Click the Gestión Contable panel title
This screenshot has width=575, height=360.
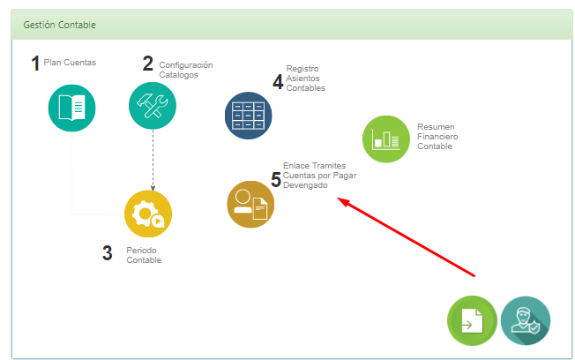(x=59, y=25)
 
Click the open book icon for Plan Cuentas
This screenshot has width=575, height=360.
(x=72, y=108)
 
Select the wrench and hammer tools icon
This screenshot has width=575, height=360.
(x=153, y=106)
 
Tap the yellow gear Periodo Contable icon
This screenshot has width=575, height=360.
(x=148, y=214)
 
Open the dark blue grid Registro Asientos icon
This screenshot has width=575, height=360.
(x=249, y=116)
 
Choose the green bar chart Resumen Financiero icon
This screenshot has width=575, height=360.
(x=386, y=139)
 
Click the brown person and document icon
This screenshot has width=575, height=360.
(x=250, y=205)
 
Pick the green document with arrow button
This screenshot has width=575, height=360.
(x=473, y=320)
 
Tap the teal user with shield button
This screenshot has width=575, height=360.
(x=526, y=320)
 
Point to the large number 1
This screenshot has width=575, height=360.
(x=35, y=64)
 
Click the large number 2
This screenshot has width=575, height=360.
(x=148, y=64)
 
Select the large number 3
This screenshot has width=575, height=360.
(x=107, y=253)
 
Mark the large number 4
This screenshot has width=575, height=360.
(x=278, y=81)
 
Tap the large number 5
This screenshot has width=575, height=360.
(x=276, y=179)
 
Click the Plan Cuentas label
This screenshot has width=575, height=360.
(x=70, y=63)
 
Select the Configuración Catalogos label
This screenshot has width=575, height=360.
(x=186, y=70)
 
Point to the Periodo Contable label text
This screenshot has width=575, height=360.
(x=144, y=255)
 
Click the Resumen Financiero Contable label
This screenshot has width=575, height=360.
(x=437, y=137)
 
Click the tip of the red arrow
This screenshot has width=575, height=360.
(x=337, y=199)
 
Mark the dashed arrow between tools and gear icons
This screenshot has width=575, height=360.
(x=153, y=160)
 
